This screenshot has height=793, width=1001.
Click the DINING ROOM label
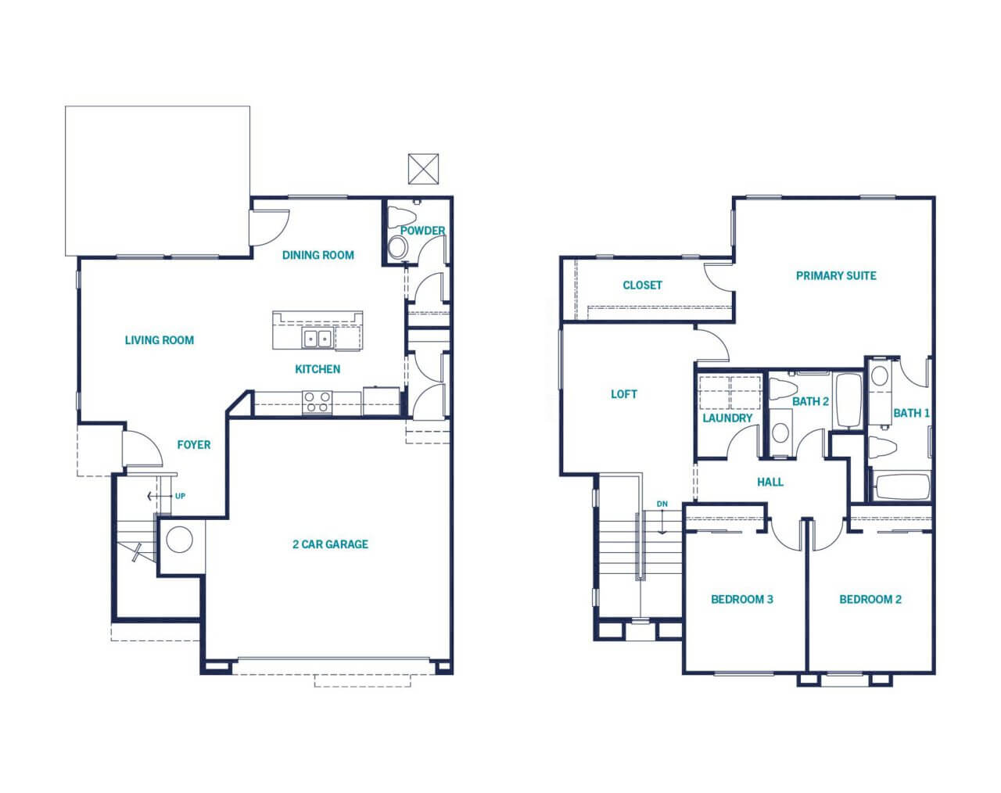click(x=318, y=255)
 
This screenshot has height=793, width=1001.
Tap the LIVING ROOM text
click(x=159, y=340)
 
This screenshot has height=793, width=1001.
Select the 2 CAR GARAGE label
click(x=330, y=544)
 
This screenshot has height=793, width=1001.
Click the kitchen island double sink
click(x=317, y=338)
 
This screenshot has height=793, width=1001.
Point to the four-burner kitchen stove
click(x=318, y=403)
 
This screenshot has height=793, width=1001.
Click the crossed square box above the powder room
click(x=423, y=169)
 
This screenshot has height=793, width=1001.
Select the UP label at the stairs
click(x=181, y=496)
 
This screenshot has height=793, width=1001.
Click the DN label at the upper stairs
click(x=662, y=504)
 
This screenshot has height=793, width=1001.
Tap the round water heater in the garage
click(x=180, y=540)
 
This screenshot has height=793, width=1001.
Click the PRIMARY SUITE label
click(x=836, y=276)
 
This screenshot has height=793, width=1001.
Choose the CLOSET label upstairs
click(x=642, y=285)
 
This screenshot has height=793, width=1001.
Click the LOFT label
click(x=624, y=394)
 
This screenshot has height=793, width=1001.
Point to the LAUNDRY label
click(x=727, y=418)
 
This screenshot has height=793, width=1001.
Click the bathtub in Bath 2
click(x=849, y=400)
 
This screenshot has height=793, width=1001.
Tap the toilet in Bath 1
click(x=882, y=448)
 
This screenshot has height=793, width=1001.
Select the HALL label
click(x=770, y=483)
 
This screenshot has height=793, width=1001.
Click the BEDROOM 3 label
click(x=742, y=600)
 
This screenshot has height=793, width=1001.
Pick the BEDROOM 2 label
click(x=870, y=600)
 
